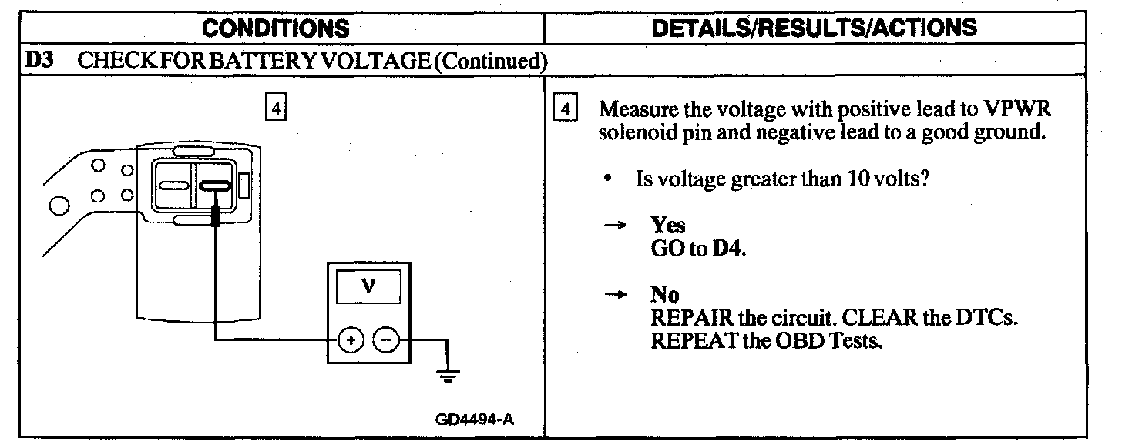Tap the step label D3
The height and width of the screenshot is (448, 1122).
pos(39,61)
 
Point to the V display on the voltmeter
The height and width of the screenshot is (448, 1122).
pos(368,286)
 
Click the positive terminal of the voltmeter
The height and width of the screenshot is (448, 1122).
pos(350,339)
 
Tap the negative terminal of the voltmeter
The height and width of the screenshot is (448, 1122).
pos(387,339)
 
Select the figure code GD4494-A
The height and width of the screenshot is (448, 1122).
pos(474,420)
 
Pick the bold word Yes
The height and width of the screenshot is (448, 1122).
pos(668,224)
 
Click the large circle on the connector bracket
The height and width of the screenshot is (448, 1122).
pos(58,206)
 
